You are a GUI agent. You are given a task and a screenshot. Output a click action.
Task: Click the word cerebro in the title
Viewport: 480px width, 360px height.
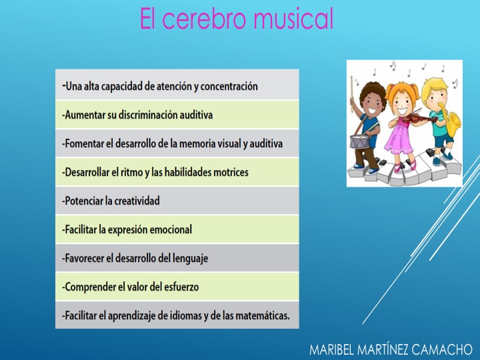coord(204,19)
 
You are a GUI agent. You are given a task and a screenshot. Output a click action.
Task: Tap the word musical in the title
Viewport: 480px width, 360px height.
coord(293,19)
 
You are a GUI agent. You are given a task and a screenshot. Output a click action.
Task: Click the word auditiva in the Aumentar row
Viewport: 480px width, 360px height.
coord(196,115)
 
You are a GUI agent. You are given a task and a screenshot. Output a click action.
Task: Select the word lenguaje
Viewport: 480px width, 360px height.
coord(190,259)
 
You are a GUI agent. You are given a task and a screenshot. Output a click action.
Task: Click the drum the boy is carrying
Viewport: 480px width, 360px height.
coord(360,141)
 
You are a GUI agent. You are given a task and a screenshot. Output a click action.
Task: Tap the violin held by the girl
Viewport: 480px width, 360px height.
coord(416,118)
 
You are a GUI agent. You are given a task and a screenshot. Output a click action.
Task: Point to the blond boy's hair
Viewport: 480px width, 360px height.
coord(435,86)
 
